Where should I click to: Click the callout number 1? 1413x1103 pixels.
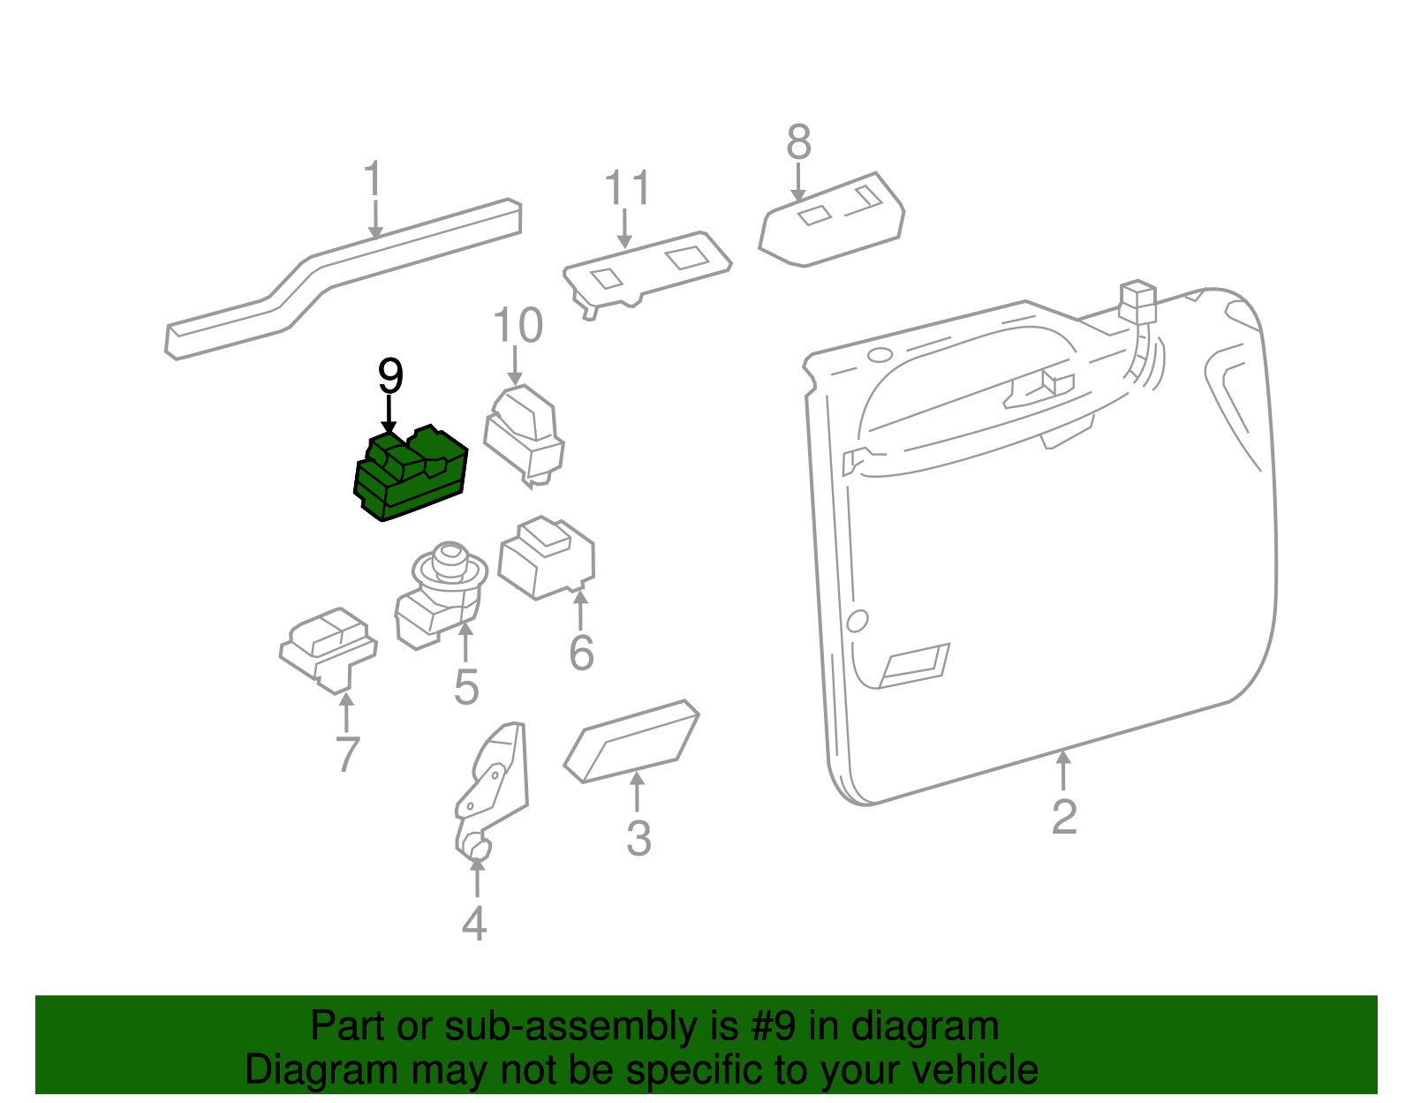click(x=374, y=179)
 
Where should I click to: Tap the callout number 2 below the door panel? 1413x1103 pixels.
click(x=1064, y=817)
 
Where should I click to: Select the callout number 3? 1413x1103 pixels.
click(x=638, y=838)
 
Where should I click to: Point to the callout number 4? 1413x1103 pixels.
click(x=474, y=924)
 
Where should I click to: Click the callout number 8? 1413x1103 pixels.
click(x=798, y=141)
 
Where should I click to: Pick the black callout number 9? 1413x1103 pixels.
click(x=390, y=377)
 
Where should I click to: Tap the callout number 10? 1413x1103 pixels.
click(x=518, y=326)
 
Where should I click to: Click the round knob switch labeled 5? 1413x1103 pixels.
click(x=442, y=592)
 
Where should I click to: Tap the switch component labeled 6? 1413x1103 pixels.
click(x=547, y=557)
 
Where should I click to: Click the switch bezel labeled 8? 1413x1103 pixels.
click(x=831, y=221)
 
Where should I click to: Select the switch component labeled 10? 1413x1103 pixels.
click(x=525, y=434)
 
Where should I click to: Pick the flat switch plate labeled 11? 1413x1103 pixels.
click(x=647, y=268)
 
